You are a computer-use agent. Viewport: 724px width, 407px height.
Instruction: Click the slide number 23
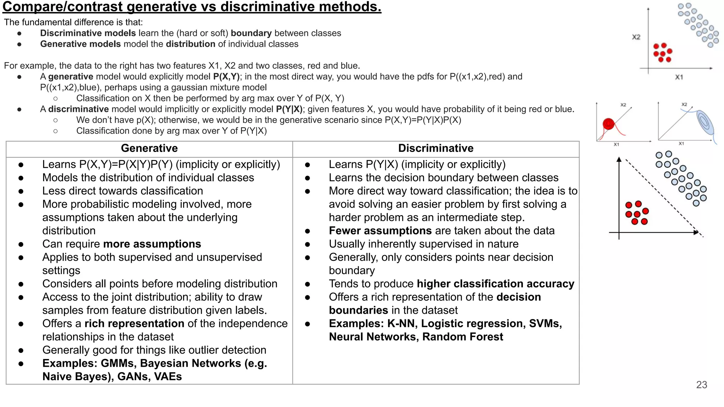[701, 385]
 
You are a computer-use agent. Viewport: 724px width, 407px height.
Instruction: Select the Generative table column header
[149, 148]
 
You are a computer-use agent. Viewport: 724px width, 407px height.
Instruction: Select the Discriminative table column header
[436, 148]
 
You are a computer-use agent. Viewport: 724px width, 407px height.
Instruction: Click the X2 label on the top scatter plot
[636, 37]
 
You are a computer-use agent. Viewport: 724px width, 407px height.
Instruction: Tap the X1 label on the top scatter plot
[679, 77]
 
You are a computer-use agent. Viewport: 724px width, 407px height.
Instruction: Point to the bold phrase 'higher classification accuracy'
[495, 284]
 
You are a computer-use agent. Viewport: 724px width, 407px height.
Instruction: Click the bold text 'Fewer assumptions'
[380, 231]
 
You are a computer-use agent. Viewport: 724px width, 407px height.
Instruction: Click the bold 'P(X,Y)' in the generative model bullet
[226, 77]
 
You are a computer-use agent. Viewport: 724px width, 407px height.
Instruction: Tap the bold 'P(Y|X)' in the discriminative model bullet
[289, 109]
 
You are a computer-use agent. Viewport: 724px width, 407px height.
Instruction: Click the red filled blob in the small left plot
[608, 124]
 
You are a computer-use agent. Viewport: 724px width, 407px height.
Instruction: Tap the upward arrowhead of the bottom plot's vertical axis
[619, 160]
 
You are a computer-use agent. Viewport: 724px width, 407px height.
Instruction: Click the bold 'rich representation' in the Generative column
[134, 324]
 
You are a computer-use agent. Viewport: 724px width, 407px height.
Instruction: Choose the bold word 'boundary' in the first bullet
[251, 33]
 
